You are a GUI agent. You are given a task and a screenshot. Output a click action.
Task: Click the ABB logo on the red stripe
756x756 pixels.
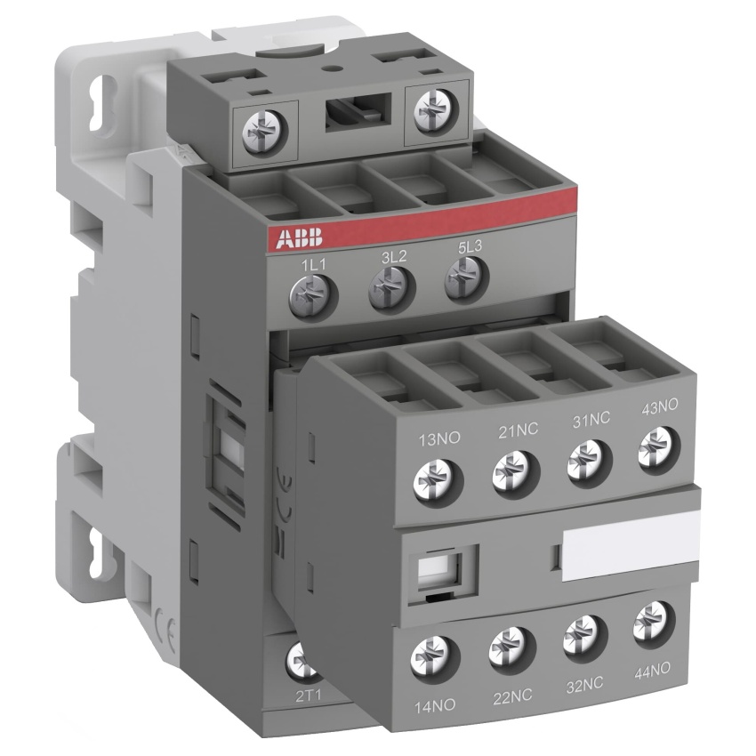(299, 238)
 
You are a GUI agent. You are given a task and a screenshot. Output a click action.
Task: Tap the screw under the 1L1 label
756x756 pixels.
(313, 295)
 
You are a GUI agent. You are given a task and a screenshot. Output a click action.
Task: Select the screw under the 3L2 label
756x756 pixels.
(391, 287)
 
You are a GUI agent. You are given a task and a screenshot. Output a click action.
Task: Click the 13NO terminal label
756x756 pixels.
(439, 439)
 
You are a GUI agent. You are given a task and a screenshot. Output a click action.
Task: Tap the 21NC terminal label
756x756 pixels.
(518, 429)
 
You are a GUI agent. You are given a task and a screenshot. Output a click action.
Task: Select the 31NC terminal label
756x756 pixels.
(591, 419)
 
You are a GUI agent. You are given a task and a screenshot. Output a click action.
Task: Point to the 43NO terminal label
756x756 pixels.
(659, 406)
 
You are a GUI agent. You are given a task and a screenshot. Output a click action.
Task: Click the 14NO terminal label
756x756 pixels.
(435, 706)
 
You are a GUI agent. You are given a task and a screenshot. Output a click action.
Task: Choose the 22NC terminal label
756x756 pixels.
(512, 696)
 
